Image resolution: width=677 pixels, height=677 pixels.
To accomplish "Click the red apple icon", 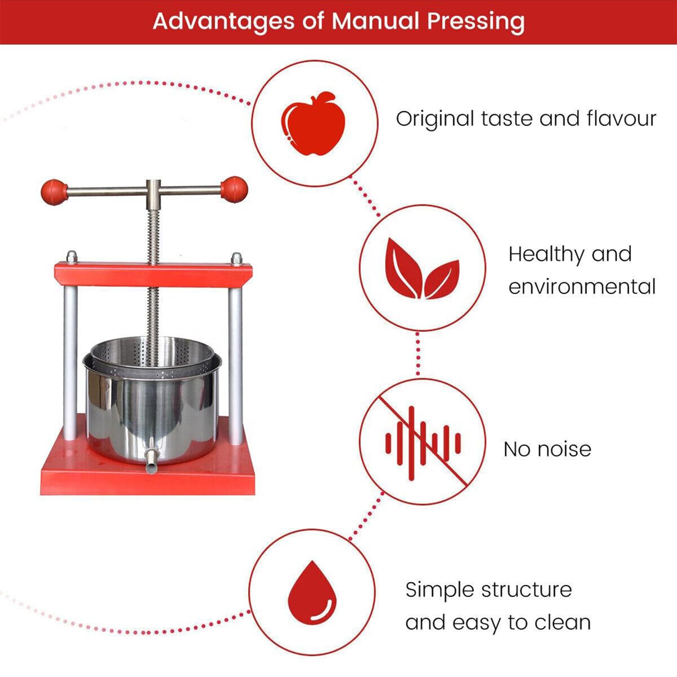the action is point(313,123).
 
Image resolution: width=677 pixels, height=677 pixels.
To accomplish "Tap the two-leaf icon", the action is point(422,269).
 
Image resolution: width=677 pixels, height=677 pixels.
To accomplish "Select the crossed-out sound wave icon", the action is point(422,442).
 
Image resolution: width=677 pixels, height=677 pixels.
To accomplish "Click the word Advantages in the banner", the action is point(224,21).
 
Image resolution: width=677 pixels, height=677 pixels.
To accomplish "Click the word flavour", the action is point(621,118).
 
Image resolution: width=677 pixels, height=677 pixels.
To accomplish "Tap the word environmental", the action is point(582,287).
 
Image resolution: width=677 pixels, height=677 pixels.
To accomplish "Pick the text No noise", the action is point(547,449).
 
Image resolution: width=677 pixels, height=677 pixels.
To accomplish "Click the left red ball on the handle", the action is point(54,192).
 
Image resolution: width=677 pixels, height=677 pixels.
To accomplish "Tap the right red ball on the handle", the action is point(234,190).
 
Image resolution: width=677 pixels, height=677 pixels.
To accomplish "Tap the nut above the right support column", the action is point(236,258).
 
